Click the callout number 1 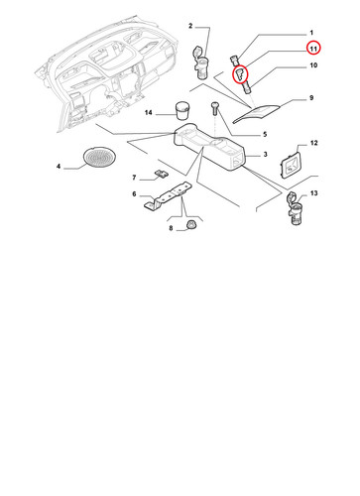coord(311,33)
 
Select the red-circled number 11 coord(313,49)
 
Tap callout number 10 coord(313,65)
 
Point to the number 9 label coord(311,98)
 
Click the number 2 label coord(190,26)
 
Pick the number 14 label coord(148,113)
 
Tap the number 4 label coord(59,166)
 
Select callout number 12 coord(313,143)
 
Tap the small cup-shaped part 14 coord(182,110)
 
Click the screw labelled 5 coord(214,108)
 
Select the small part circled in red coord(240,74)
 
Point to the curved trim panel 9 coord(256,114)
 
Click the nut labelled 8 coord(190,225)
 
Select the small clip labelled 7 coord(162,174)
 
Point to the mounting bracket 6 coord(169,196)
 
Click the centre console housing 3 coord(210,147)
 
